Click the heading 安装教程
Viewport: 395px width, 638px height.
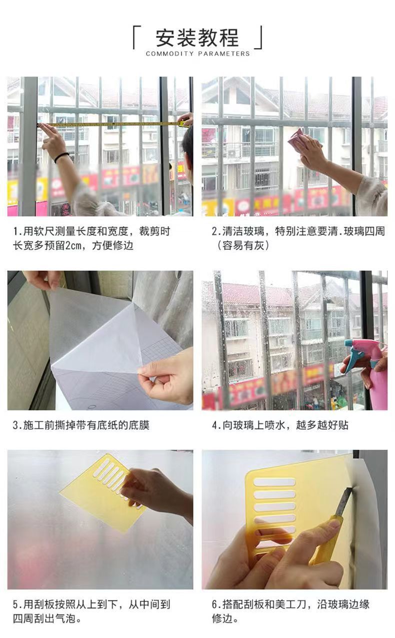pos(197,38)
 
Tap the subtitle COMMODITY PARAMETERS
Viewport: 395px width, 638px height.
pos(197,54)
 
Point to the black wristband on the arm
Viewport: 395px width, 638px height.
pos(61,157)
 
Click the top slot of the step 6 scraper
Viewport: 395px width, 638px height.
pos(274,482)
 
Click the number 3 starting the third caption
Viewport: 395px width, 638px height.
pos(15,425)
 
